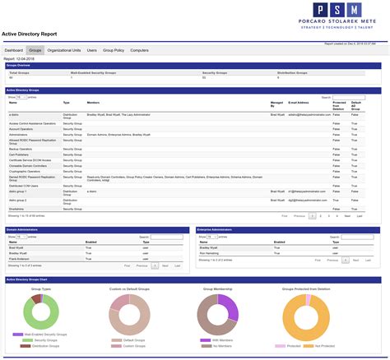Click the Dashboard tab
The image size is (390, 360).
point(15,50)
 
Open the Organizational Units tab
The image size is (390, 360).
point(64,50)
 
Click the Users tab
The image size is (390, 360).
point(92,50)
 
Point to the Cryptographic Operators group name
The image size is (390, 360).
point(24,171)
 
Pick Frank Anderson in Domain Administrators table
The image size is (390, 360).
point(19,259)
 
